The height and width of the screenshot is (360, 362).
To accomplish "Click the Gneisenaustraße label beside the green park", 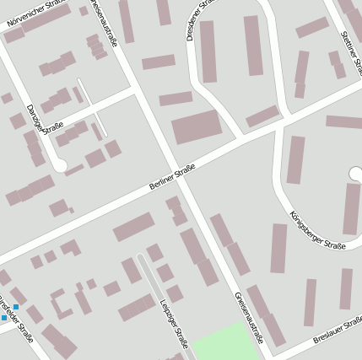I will coord(250,319).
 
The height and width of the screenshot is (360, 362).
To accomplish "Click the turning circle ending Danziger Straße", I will coord(59,165).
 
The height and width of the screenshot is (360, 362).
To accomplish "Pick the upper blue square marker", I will coord(15,295).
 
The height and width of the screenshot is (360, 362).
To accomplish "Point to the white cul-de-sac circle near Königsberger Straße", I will coord(356,174).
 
